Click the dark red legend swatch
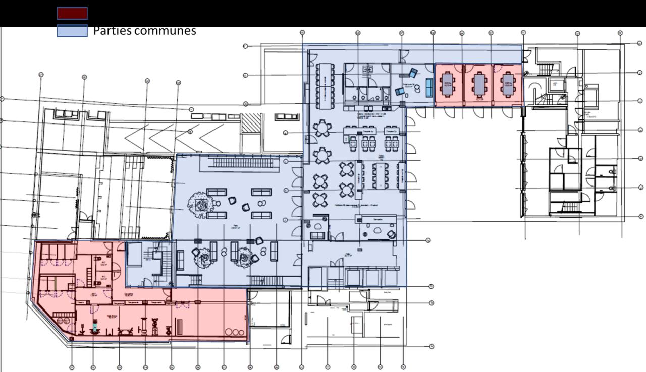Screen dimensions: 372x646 click(72, 13)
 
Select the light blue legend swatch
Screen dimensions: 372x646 click(72, 30)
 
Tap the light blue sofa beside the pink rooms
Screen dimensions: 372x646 click(429, 88)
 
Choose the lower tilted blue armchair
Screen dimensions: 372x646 click(400, 91)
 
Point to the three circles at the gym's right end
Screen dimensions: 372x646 click(235, 333)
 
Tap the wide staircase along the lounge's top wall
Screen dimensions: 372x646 click(244, 162)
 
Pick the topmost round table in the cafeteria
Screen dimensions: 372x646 click(321, 129)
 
